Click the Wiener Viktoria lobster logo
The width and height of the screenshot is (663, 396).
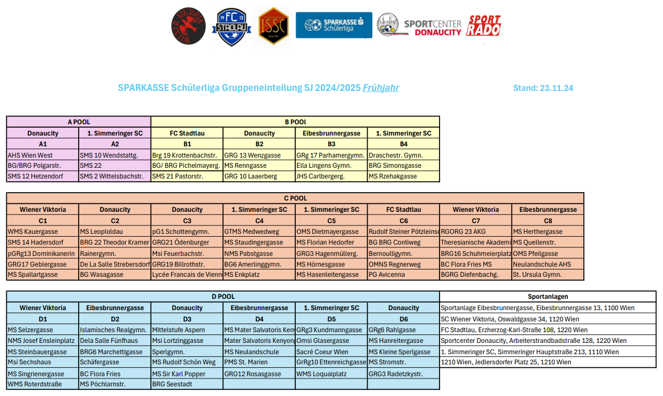pyautogui.click(x=189, y=27)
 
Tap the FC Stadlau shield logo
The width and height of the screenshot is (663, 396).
pyautogui.click(x=231, y=27)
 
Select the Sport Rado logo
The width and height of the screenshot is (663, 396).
pyautogui.click(x=484, y=26)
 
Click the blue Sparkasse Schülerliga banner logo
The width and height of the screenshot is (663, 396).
pyautogui.click(x=334, y=25)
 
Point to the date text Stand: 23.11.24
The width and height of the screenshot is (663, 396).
pyautogui.click(x=543, y=88)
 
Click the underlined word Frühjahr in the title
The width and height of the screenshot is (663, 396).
pyautogui.click(x=381, y=88)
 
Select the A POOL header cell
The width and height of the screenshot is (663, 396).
pyautogui.click(x=79, y=122)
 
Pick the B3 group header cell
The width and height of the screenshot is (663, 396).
pyautogui.click(x=331, y=144)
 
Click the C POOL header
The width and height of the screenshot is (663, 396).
pyautogui.click(x=295, y=198)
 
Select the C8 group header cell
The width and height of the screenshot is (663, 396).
pyautogui.click(x=548, y=220)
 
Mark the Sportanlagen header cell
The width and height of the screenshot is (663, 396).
pyautogui.click(x=548, y=297)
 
